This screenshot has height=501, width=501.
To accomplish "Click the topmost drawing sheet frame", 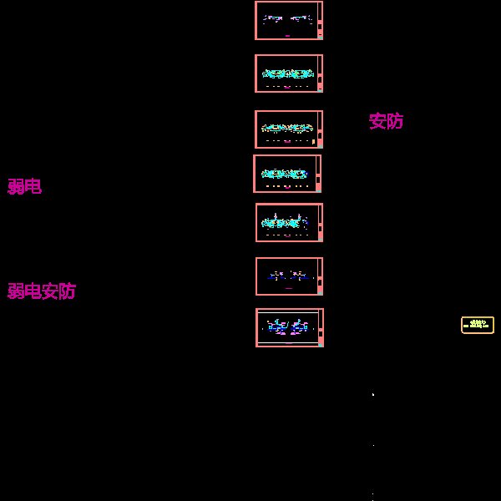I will (288, 20).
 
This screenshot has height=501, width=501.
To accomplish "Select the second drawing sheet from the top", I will (288, 73).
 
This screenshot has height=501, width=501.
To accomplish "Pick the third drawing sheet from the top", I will (288, 129).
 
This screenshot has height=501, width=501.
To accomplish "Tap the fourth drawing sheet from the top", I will (286, 174).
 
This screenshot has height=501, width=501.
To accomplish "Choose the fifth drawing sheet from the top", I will (288, 222).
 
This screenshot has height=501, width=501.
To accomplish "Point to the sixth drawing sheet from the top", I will (288, 276).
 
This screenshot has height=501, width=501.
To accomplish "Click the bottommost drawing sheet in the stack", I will (289, 327).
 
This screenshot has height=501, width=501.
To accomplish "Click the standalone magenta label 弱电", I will (24, 186).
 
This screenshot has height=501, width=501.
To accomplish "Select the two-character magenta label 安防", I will (386, 121).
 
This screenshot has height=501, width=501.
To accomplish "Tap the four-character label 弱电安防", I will (42, 291).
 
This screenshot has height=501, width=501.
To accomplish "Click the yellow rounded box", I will (478, 325).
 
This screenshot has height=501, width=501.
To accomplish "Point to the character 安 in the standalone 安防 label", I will (377, 121).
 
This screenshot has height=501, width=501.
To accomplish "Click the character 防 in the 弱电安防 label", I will (67, 291).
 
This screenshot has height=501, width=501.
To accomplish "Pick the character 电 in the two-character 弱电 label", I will (33, 186).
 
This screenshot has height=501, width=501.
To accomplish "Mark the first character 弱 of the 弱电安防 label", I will (16, 291).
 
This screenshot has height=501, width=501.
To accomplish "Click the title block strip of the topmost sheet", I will (320, 20).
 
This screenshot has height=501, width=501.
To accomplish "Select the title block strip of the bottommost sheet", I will (321, 327).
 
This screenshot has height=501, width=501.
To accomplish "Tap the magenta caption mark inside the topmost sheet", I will (287, 36).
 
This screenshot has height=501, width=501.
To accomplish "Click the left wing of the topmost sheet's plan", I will (273, 18).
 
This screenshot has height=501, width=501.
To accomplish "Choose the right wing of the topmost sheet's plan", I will (301, 18).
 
